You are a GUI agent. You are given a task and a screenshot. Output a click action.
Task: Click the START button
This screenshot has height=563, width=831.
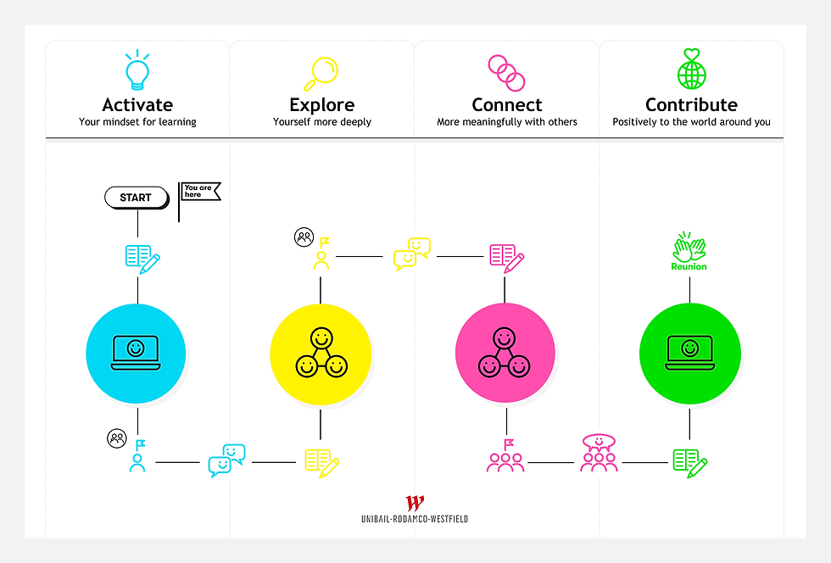[x=136, y=198]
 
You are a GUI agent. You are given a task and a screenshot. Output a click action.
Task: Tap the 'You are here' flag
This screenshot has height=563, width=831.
[x=199, y=192]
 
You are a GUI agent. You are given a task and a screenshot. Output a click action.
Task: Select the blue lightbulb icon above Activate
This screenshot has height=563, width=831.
[x=137, y=70]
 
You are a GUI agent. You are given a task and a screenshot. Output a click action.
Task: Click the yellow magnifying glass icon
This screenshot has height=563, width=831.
[x=321, y=71]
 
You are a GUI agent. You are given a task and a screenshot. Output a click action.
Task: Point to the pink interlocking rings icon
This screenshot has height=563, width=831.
[x=507, y=72]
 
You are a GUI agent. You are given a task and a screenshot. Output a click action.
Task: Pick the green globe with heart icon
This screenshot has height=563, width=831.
[x=691, y=70]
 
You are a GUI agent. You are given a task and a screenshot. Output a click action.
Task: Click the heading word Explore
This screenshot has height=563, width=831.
[x=321, y=105]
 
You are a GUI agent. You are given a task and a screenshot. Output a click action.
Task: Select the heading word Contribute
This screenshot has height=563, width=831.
[x=691, y=105]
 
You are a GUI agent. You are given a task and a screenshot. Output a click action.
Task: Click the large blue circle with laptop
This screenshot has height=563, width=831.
[x=136, y=351]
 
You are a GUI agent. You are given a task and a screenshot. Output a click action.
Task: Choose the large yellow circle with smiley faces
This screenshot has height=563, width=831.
[x=321, y=352]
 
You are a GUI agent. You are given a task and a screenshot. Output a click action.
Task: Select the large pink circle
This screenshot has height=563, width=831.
[x=505, y=352]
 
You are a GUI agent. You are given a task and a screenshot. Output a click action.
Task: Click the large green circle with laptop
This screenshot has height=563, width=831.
[x=689, y=351]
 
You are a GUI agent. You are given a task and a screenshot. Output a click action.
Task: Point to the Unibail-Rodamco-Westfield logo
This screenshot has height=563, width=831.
[x=415, y=510]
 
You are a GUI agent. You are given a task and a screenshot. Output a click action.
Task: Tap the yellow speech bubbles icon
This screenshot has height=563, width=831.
[x=412, y=254]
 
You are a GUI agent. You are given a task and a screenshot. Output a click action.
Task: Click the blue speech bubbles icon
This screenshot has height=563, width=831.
[x=226, y=460]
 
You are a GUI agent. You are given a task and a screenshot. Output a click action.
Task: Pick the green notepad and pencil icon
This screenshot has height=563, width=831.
[x=689, y=463]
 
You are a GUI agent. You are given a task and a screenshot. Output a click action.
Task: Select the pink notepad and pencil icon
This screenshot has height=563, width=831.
[x=506, y=258]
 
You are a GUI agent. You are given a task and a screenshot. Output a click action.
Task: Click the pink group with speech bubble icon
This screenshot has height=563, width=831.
[x=599, y=454]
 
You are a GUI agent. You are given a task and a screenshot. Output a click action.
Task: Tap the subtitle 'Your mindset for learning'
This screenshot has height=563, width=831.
[x=137, y=122]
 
